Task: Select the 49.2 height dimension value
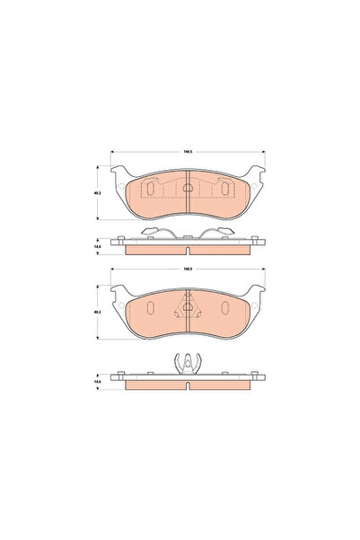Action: pos(98,312)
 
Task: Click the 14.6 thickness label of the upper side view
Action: pos(98,246)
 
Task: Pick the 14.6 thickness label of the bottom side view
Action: pos(98,382)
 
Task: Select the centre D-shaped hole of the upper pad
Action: pos(189,189)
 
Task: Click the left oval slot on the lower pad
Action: pos(150,308)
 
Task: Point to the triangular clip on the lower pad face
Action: pos(189,306)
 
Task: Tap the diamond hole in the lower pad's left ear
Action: pos(119,304)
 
